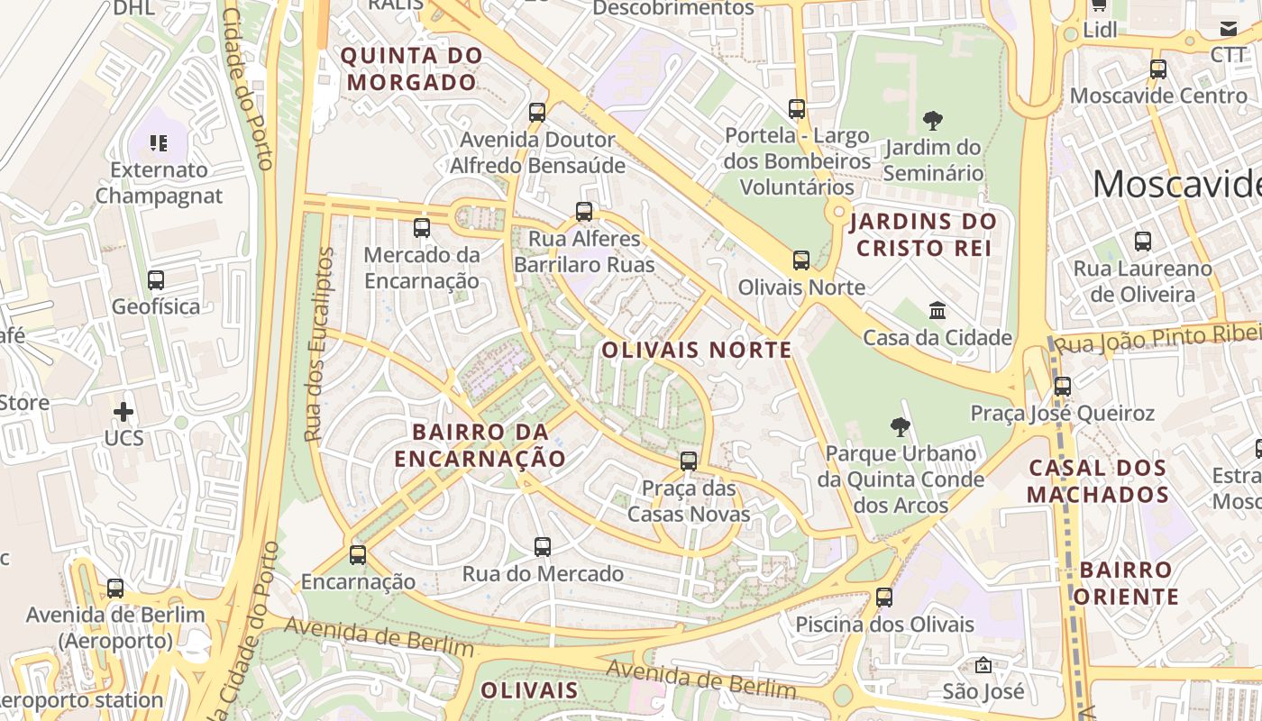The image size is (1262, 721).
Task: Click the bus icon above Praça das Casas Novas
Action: coord(689,461)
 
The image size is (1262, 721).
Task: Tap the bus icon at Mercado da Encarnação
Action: coord(422,228)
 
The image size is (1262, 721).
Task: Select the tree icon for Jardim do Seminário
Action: coord(933,120)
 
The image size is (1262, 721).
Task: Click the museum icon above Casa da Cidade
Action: coord(937,311)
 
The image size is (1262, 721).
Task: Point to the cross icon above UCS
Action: coord(123,412)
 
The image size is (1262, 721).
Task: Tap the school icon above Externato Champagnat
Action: coord(159,142)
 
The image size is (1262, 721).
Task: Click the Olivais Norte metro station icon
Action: coord(800,260)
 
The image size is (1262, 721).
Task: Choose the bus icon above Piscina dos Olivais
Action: coord(884,597)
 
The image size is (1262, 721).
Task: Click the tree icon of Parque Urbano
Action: coord(900,426)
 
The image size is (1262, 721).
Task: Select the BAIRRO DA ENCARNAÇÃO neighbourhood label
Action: coord(480,444)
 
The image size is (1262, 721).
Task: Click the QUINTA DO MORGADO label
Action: coord(411,68)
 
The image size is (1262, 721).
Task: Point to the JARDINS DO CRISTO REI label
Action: coord(923,234)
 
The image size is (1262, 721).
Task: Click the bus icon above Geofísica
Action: coord(156,279)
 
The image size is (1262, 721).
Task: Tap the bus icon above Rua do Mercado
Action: coord(543,546)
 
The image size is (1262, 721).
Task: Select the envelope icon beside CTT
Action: coord(1229,29)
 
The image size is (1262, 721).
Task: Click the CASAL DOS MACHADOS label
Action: coord(1098,480)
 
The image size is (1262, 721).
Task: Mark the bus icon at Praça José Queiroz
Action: coord(1063,386)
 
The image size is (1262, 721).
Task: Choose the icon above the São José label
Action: coord(983,665)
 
